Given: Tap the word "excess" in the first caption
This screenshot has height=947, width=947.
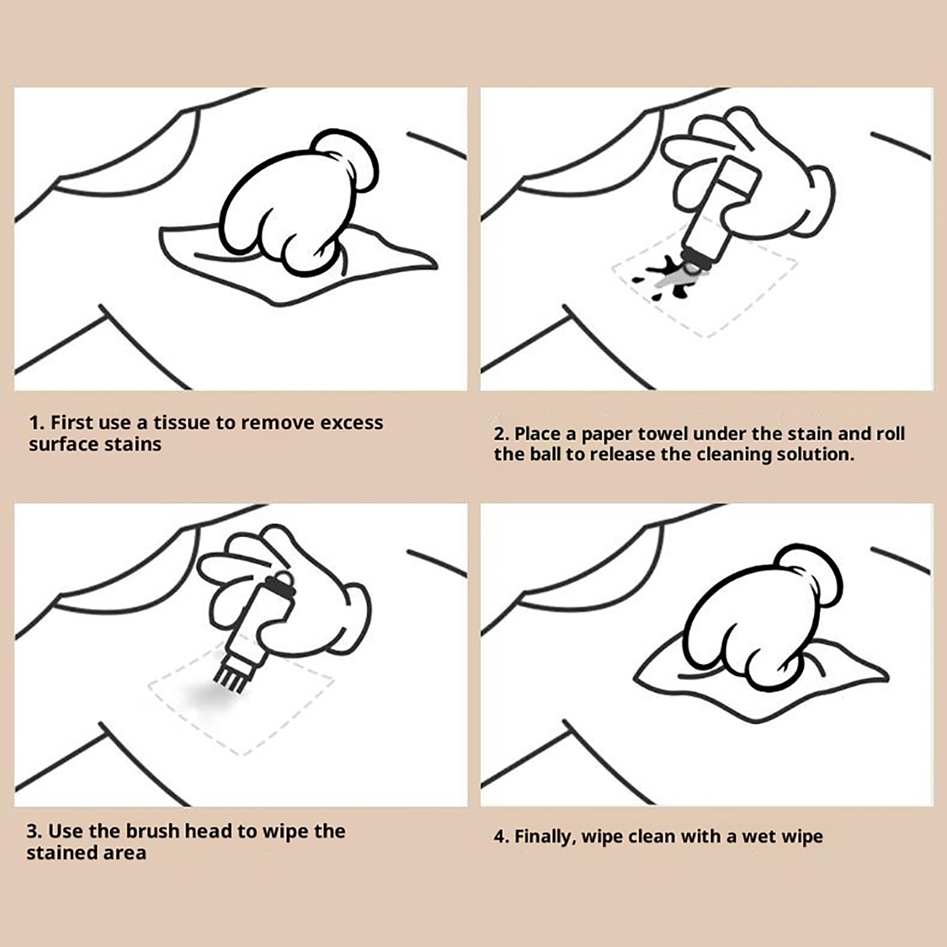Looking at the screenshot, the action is coord(352,423).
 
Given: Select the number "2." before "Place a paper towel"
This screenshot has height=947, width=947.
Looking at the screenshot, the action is coord(501,434).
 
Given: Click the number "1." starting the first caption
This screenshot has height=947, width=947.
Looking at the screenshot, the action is coord(37,423).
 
